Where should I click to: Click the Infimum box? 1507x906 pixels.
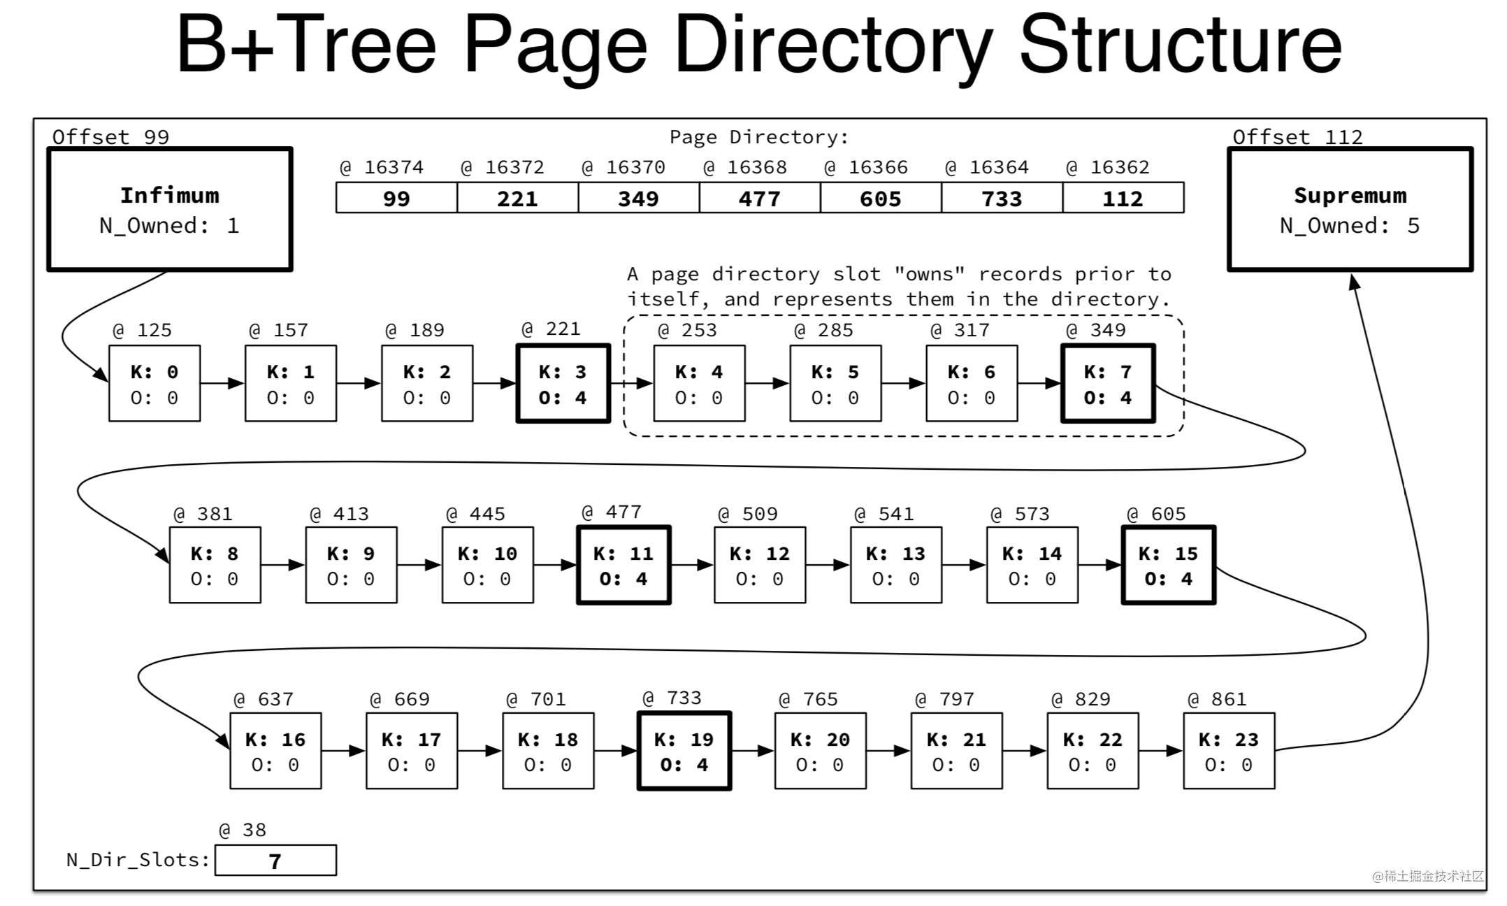click(170, 209)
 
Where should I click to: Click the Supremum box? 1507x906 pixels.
click(1350, 209)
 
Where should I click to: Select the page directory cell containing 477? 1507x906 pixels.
click(760, 198)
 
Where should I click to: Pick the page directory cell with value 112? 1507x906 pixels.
click(1123, 198)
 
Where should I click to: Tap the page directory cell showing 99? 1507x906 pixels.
click(396, 198)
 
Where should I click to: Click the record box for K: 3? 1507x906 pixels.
click(563, 384)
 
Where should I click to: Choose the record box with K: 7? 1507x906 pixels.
click(1108, 384)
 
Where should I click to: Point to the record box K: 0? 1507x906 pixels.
click(154, 384)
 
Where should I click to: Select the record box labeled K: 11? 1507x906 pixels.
click(623, 565)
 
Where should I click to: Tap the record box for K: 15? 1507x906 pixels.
click(1169, 565)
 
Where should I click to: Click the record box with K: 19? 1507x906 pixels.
click(684, 752)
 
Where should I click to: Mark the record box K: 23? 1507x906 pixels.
click(1229, 752)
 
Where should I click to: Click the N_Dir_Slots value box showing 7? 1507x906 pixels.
click(275, 861)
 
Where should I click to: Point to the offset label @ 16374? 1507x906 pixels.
click(382, 168)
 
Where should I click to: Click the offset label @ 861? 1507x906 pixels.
click(1216, 699)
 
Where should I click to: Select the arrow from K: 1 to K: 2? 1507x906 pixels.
click(359, 383)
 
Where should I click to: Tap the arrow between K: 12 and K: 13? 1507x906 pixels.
click(828, 565)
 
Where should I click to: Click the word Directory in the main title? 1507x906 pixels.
click(833, 46)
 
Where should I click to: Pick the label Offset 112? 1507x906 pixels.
click(1297, 137)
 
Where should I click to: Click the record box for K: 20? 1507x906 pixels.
click(821, 752)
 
